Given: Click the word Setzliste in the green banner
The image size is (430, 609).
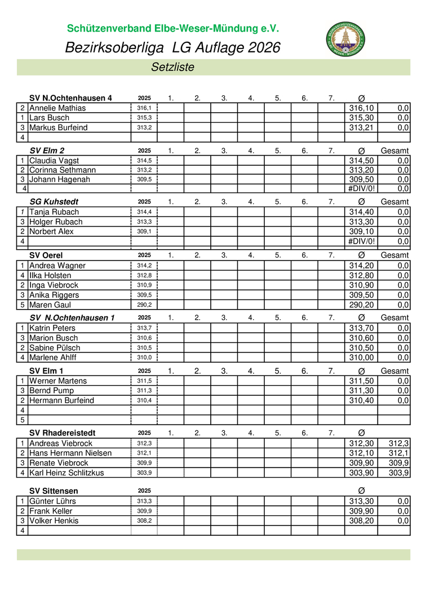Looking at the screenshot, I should [172, 67].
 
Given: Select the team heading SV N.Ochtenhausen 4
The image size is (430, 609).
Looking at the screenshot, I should [70, 98].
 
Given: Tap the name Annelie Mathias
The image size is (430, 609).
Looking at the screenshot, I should [57, 108].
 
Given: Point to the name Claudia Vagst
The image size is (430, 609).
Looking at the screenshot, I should [54, 161].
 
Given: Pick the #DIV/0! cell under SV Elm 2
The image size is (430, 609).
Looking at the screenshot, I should [361, 189].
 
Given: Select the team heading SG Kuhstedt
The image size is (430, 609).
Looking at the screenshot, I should [54, 201].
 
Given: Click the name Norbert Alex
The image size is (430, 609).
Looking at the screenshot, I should [51, 232].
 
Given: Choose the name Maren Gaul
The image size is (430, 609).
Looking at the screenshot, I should [50, 305].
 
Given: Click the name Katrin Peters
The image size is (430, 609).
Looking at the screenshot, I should [52, 328].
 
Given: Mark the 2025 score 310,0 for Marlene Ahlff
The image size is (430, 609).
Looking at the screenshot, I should [144, 358].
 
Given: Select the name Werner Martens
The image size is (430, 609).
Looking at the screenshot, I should [58, 381].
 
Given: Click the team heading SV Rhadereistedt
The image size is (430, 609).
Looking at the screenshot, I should [62, 433].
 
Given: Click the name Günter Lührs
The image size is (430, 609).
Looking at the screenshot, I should [52, 501].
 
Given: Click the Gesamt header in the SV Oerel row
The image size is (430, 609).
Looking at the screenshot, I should [394, 255].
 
